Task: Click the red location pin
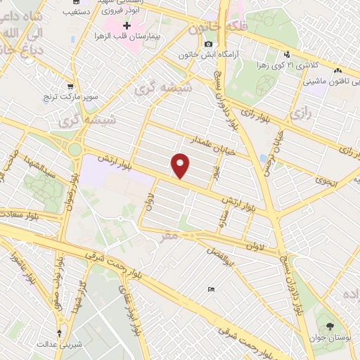[x=181, y=165]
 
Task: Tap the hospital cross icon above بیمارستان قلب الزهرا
[x=127, y=25]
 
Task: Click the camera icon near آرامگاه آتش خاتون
[x=208, y=44]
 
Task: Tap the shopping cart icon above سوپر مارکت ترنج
[x=69, y=83]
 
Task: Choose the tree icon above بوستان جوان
[x=330, y=326]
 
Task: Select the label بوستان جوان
[x=330, y=337]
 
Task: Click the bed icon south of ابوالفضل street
[x=210, y=289]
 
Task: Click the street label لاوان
[x=255, y=247]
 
